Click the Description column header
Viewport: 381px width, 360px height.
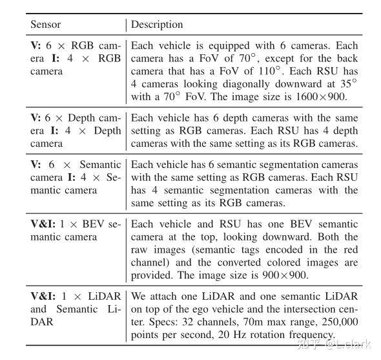(157, 25)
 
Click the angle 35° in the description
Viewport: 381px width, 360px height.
(348, 83)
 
